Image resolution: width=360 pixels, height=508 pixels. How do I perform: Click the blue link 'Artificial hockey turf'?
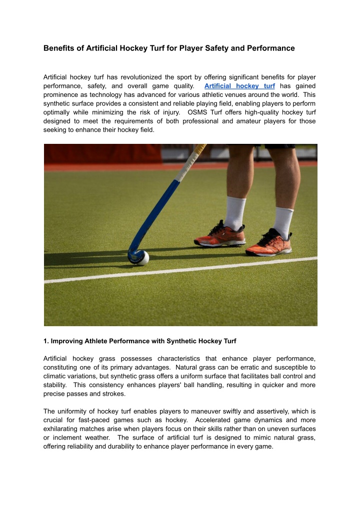coord(239,86)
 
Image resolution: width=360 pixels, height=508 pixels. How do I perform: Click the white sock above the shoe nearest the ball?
coord(234,212)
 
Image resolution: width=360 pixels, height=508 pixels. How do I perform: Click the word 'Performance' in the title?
coord(270,48)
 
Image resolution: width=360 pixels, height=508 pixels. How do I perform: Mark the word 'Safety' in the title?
coord(199,48)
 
